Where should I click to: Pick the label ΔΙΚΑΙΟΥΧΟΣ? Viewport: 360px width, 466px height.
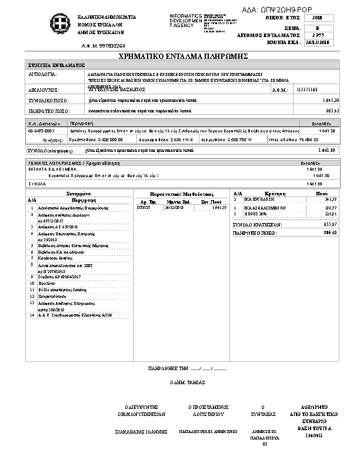point(41,90)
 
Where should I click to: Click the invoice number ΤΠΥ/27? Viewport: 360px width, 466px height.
point(143,208)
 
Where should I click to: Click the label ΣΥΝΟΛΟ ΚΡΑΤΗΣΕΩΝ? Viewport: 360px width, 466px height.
point(258,225)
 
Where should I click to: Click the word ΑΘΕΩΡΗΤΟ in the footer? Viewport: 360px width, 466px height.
point(313,407)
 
